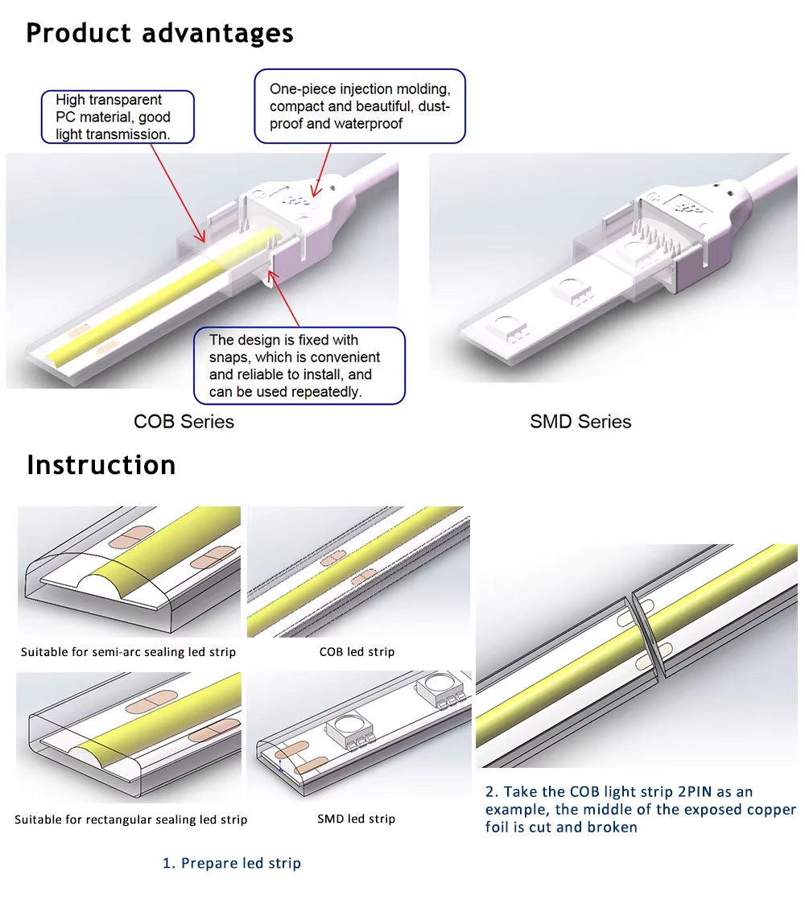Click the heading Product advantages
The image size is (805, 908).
point(159,33)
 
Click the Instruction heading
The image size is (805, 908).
point(101,464)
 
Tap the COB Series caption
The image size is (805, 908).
point(184,421)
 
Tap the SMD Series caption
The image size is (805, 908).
point(580,421)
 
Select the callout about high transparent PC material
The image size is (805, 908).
point(118,117)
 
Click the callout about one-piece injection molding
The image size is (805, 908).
point(360,106)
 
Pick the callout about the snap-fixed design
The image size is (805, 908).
point(299,365)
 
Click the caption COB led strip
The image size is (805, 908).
point(357,651)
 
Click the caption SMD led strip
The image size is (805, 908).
point(356,819)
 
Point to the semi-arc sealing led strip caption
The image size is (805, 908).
point(129,651)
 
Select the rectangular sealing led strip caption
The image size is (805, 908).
point(130,819)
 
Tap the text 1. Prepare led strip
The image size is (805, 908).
point(232,863)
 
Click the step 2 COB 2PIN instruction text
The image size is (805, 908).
point(640,809)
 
